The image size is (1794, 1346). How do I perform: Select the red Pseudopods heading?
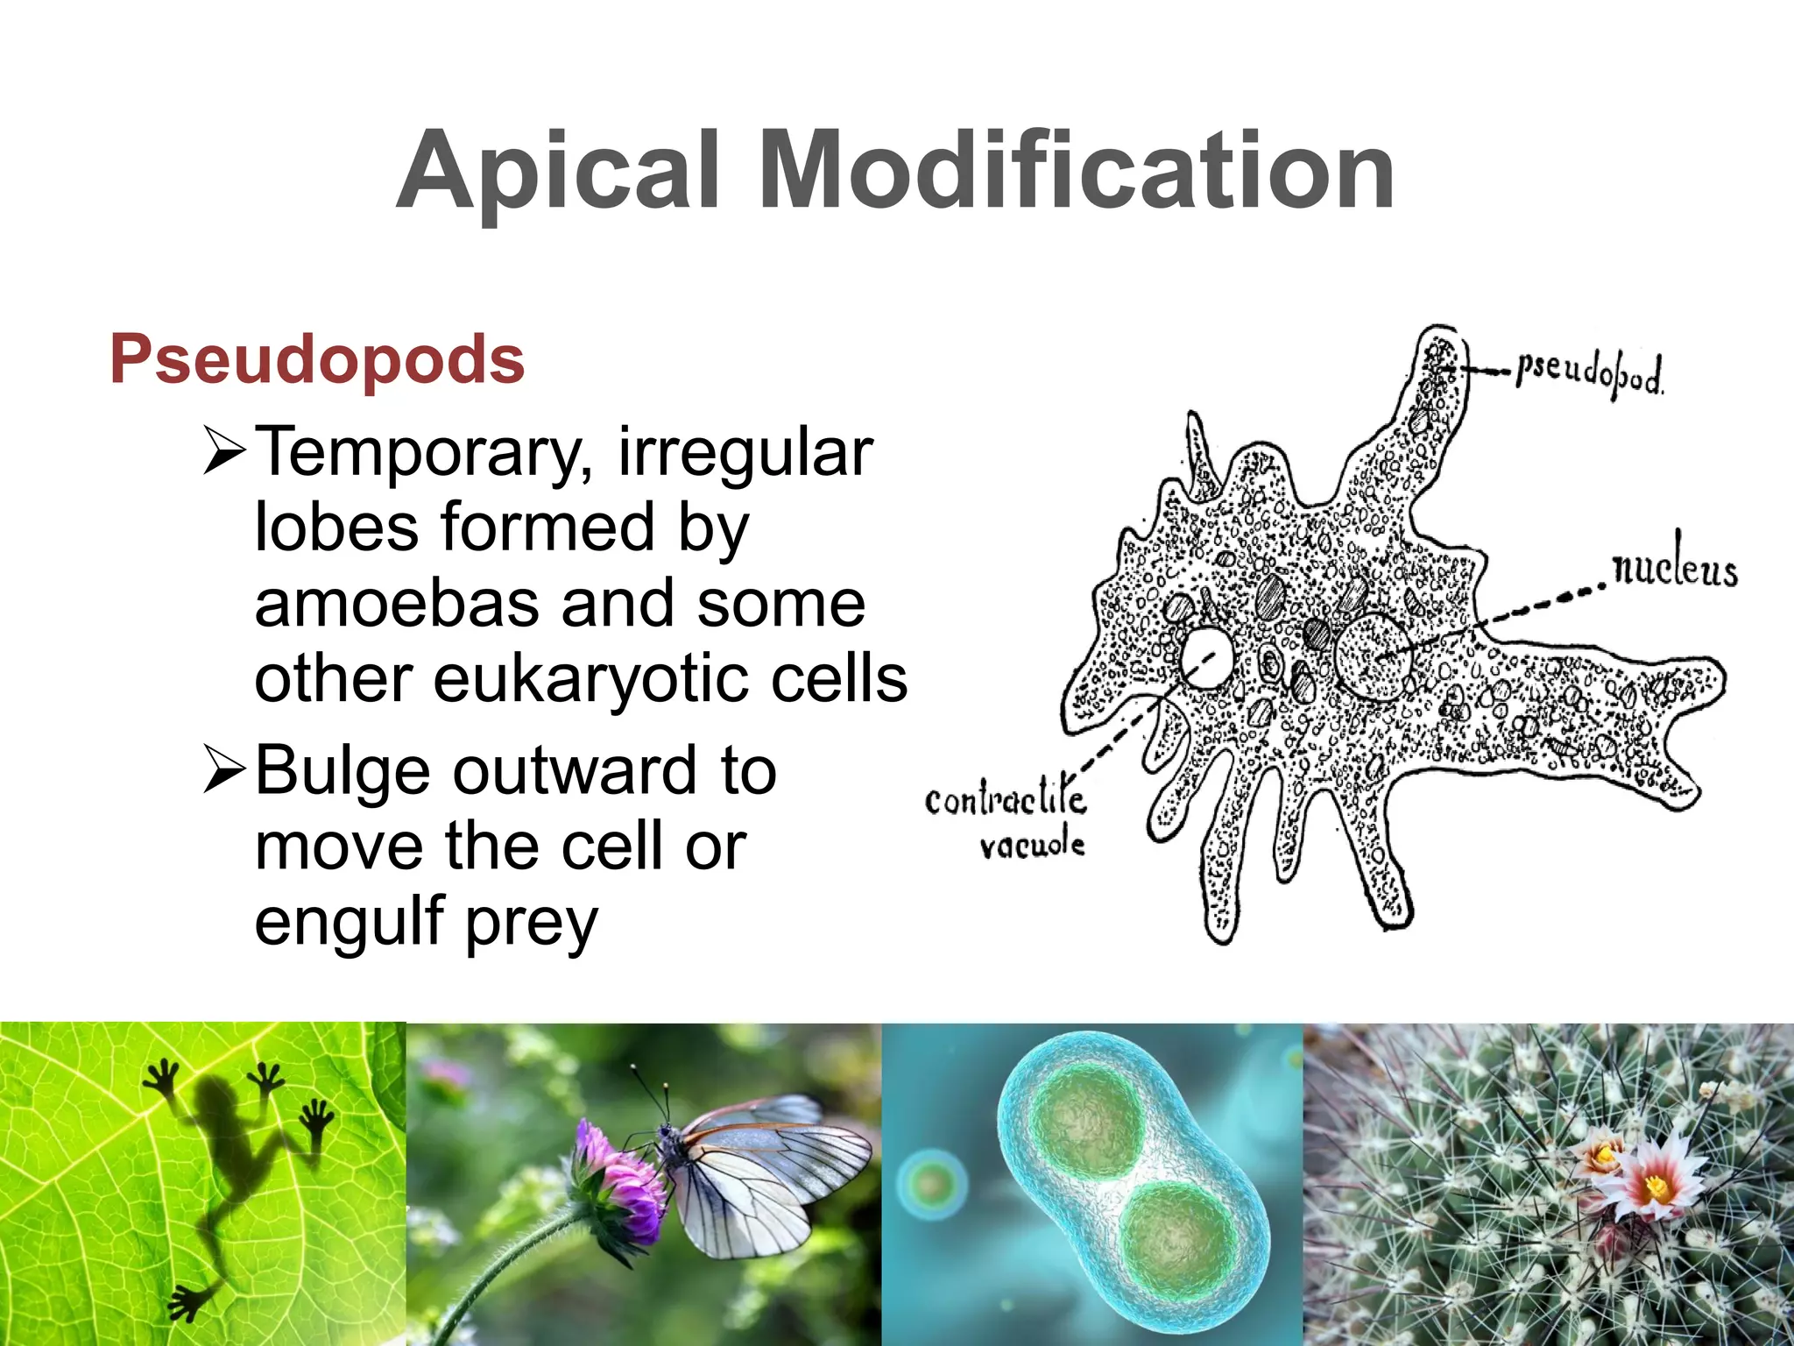coord(317,359)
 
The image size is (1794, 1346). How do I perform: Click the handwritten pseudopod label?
coord(1589,374)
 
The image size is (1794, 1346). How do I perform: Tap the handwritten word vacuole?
coord(1032,845)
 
